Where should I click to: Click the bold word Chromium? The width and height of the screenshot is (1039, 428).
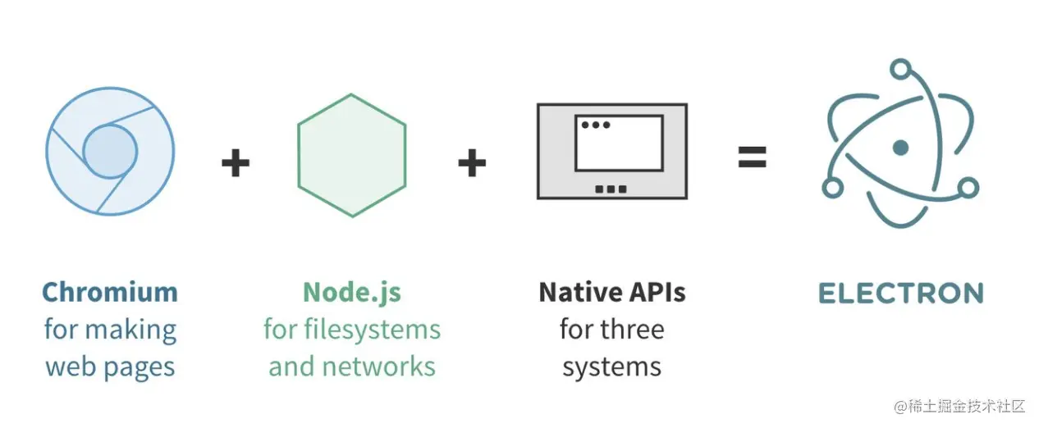pyautogui.click(x=110, y=292)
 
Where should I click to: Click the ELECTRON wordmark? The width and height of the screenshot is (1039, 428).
pyautogui.click(x=901, y=294)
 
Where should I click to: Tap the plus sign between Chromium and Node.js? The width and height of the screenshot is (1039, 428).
pyautogui.click(x=236, y=162)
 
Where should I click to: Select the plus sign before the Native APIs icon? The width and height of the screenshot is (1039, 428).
pyautogui.click(x=472, y=162)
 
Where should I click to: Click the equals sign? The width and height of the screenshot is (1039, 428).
pyautogui.click(x=753, y=157)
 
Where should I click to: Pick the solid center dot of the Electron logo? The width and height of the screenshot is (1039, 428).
pyautogui.click(x=900, y=148)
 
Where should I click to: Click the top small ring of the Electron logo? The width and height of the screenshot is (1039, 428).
pyautogui.click(x=900, y=70)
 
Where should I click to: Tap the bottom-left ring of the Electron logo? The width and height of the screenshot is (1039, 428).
pyautogui.click(x=832, y=188)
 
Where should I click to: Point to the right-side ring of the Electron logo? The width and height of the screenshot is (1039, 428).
pyautogui.click(x=968, y=188)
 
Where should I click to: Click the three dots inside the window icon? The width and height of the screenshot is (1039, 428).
pyautogui.click(x=596, y=125)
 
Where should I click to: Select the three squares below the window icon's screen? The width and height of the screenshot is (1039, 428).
pyautogui.click(x=611, y=189)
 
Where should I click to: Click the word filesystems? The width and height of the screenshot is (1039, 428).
pyautogui.click(x=373, y=330)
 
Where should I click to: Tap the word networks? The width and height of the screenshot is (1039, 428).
pyautogui.click(x=378, y=367)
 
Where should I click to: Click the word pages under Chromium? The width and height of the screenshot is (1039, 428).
pyautogui.click(x=139, y=368)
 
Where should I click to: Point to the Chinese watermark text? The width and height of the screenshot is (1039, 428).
pyautogui.click(x=959, y=406)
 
